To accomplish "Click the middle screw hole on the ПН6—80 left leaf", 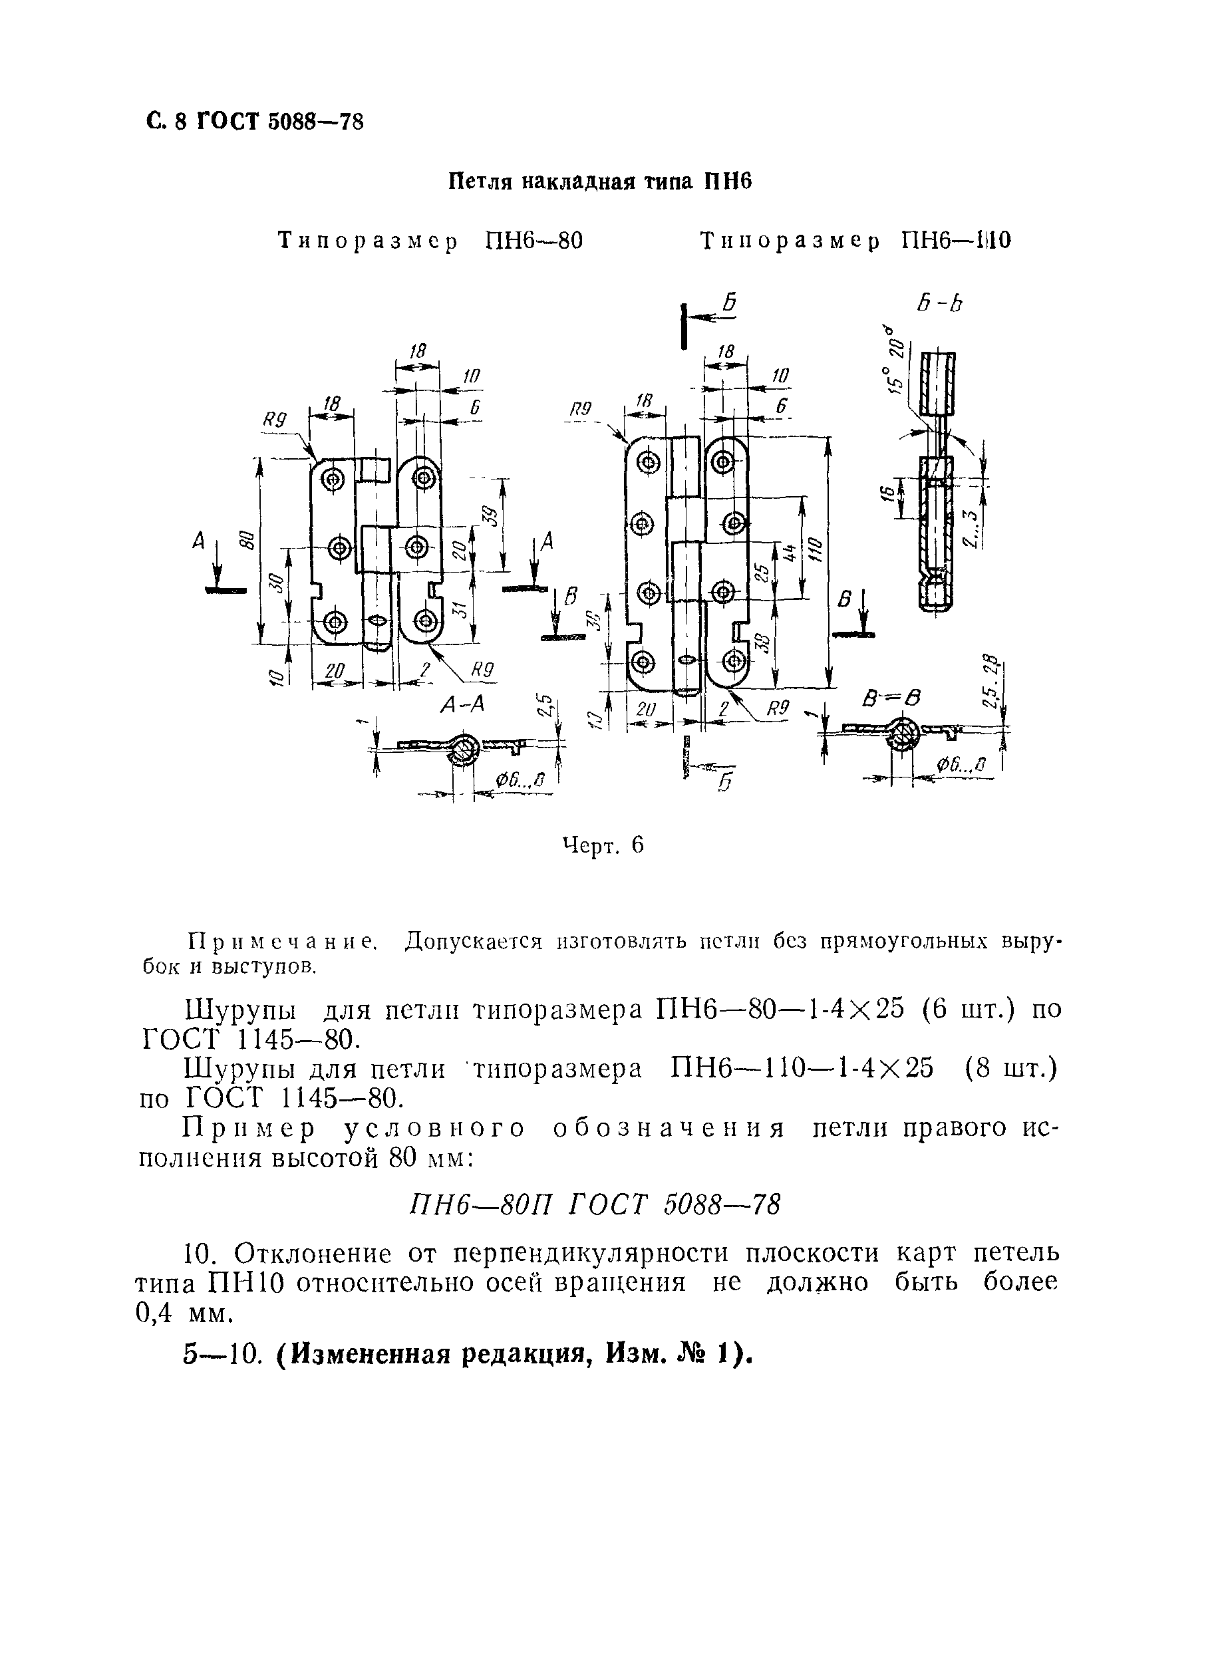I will (x=339, y=547).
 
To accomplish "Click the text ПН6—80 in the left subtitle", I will (x=534, y=241).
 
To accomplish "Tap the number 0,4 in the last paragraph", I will (x=155, y=1313).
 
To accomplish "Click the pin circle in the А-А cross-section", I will (x=464, y=748).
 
